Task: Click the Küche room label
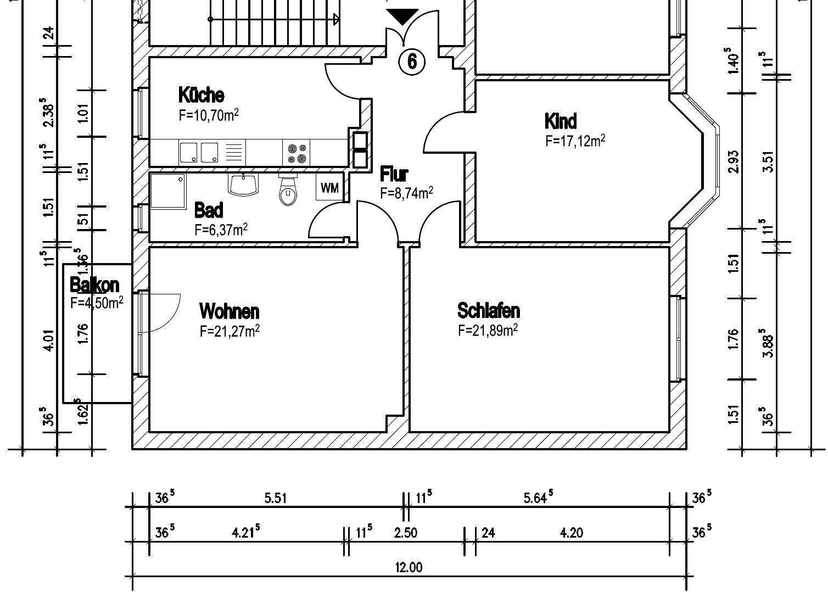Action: pos(201,95)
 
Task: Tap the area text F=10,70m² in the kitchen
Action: pos(208,115)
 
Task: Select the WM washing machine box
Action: pos(329,188)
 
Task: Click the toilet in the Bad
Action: pos(287,190)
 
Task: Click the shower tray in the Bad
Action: pos(168,191)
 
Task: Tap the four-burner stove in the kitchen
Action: pos(296,153)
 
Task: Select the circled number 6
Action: pos(412,62)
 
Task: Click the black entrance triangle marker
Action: pos(402,17)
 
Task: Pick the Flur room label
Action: pos(394,175)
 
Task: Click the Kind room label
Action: pos(560,121)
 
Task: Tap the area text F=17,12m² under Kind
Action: pos(575,141)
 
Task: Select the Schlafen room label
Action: pos(488,310)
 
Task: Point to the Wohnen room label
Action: pos(229,311)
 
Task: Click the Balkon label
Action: pos(94,285)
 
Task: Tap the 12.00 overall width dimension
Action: pos(409,567)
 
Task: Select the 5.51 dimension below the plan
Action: pos(275,498)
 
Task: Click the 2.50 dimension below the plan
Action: pos(405,533)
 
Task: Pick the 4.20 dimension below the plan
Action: pos(571,533)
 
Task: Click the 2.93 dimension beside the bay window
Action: pos(734,161)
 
